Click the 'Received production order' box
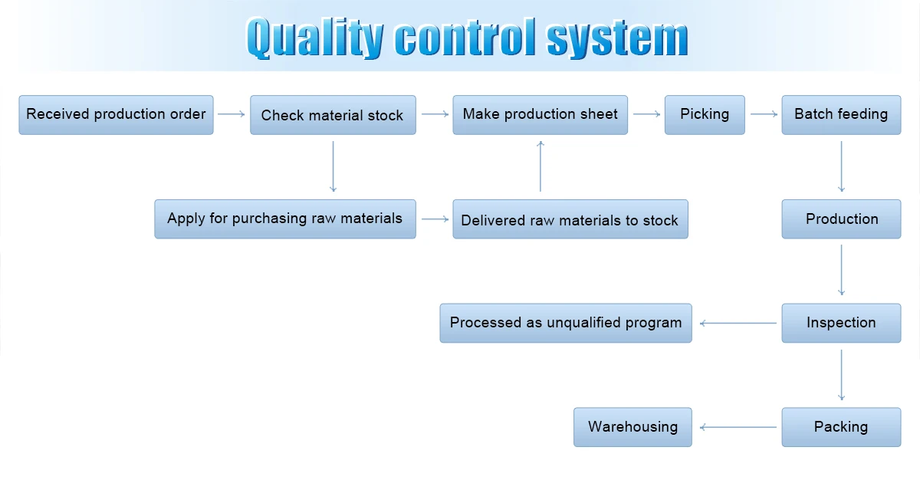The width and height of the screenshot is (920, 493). (117, 115)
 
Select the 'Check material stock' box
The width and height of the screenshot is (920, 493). (333, 115)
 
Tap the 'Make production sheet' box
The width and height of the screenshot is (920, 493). (540, 115)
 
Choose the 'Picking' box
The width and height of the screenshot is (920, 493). (705, 115)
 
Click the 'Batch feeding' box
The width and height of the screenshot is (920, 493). (842, 115)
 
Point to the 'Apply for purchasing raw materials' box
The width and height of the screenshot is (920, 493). (285, 219)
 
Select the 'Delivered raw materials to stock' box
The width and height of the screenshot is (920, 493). (570, 219)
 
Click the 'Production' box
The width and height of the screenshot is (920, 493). (842, 219)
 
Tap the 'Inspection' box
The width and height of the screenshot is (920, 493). (842, 323)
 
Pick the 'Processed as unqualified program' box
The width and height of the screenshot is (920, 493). (566, 323)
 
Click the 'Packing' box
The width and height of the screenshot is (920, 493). (842, 427)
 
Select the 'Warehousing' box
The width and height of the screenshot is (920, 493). (633, 427)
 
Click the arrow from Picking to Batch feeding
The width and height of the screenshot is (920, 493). (764, 113)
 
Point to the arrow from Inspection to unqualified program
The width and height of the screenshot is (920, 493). (738, 323)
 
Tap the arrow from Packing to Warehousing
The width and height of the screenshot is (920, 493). (738, 427)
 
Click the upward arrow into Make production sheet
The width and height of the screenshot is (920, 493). (540, 166)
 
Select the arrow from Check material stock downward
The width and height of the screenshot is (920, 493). (333, 166)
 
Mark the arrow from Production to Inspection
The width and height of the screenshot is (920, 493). (842, 270)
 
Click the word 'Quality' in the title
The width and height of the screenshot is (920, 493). (315, 38)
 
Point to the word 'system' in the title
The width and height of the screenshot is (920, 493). (617, 38)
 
